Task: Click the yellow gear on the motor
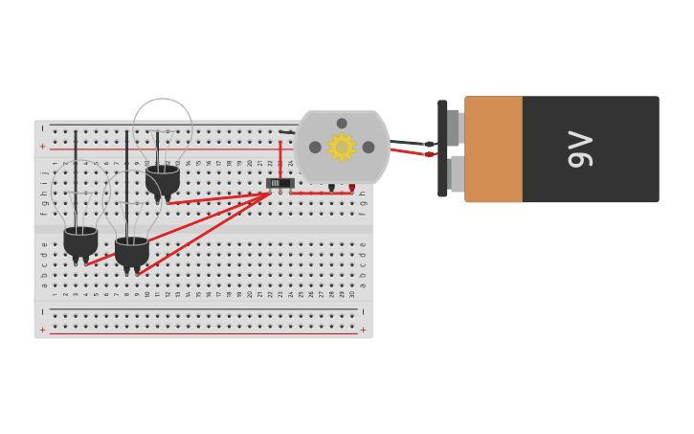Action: [x=342, y=147]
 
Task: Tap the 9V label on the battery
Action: [x=581, y=148]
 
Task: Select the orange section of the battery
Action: [x=493, y=148]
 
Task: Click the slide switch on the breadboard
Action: [x=279, y=183]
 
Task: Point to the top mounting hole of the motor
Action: [x=342, y=124]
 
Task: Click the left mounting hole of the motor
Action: [x=315, y=148]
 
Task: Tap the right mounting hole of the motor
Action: [x=369, y=148]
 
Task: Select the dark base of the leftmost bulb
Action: [x=80, y=241]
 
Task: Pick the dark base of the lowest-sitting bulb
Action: [x=131, y=252]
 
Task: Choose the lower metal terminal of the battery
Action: [x=457, y=173]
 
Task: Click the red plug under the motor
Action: [x=351, y=188]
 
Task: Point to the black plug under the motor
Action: [x=331, y=188]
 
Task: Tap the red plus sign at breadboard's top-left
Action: [x=42, y=147]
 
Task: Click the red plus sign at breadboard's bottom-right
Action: [x=363, y=330]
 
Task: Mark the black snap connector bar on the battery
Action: [x=442, y=148]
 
